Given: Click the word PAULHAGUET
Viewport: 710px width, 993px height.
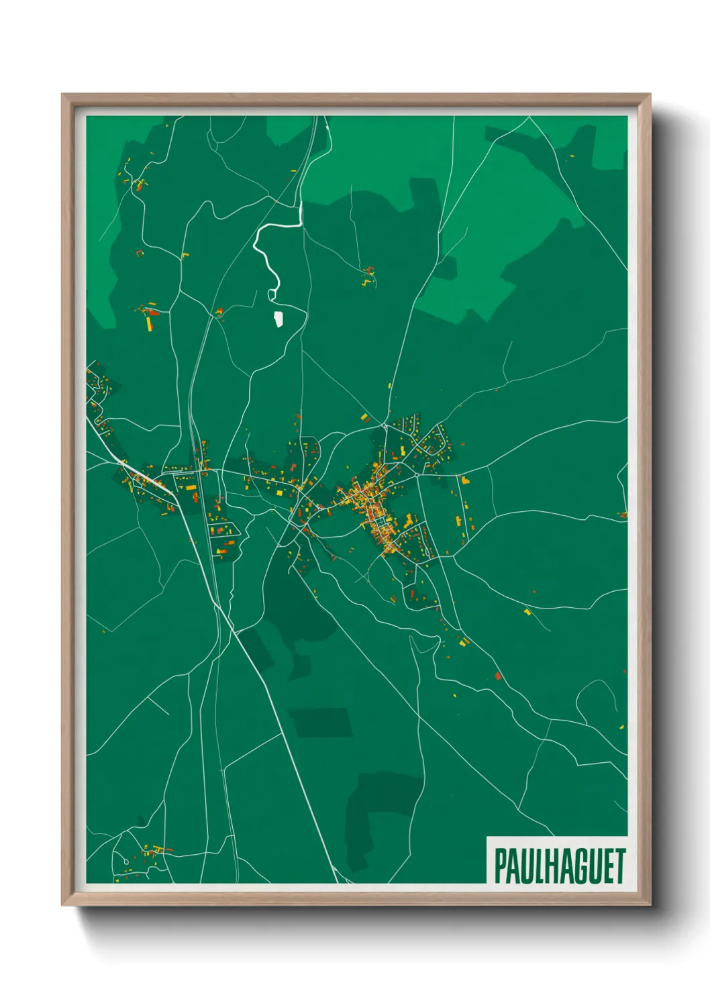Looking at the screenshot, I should (x=560, y=866).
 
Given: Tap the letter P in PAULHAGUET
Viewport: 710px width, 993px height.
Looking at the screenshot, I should (x=500, y=866).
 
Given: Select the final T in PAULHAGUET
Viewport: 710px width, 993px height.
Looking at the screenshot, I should (x=619, y=866).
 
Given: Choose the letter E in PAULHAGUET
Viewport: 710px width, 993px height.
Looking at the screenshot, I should (x=607, y=866).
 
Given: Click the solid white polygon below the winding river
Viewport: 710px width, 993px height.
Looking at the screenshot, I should (x=278, y=319).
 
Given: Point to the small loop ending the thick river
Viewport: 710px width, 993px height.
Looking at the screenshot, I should (x=272, y=295).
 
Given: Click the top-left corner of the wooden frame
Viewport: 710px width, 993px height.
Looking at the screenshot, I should (x=64, y=96).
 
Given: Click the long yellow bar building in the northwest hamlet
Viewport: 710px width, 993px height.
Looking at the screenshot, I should (x=149, y=323).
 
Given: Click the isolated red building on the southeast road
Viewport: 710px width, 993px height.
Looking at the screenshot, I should (x=498, y=676).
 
